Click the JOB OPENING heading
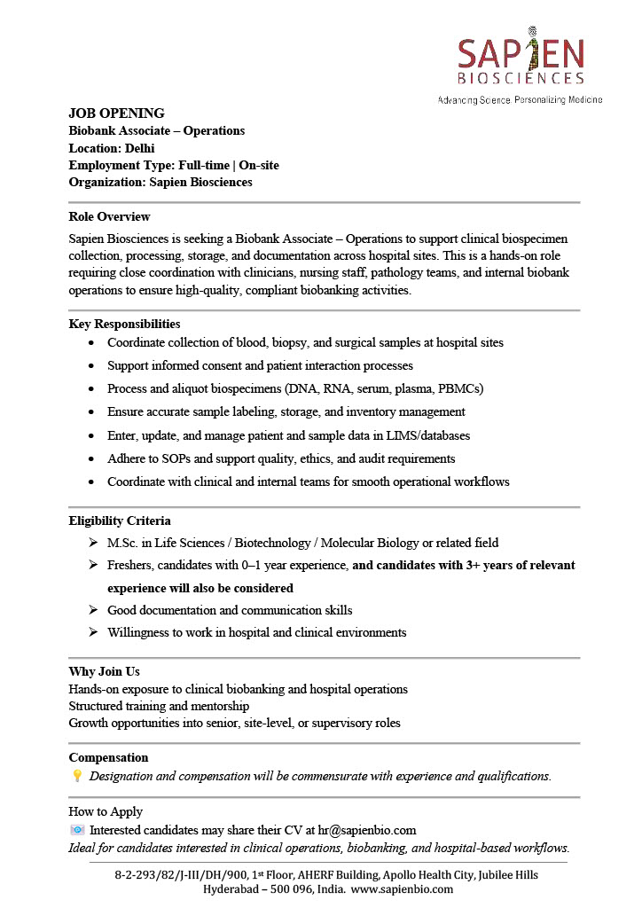point(116,113)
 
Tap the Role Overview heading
point(109,216)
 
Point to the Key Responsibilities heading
point(124,324)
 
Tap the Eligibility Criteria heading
point(120,521)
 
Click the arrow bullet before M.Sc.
point(93,543)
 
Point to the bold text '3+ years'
point(489,565)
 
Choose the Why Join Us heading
point(104,671)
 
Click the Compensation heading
point(108,757)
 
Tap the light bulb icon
point(77,776)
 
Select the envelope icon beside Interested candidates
point(77,830)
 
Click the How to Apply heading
point(106,811)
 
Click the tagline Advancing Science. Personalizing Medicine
point(520,99)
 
